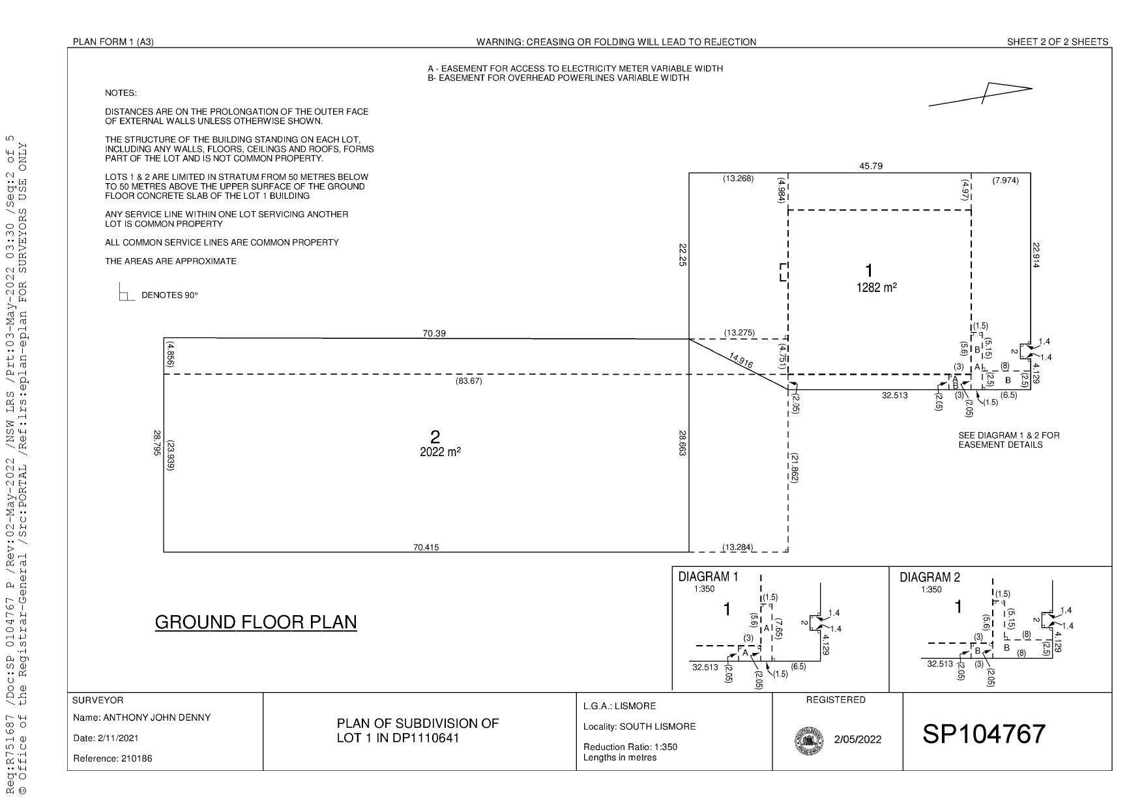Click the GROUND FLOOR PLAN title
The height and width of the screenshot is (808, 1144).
pyautogui.click(x=256, y=622)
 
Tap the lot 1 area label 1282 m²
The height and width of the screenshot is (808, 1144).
pyautogui.click(x=876, y=287)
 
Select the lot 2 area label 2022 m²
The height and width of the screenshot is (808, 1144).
pyautogui.click(x=440, y=452)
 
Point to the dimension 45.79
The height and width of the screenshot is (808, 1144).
pyautogui.click(x=871, y=166)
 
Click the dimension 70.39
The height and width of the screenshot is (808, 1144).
pyautogui.click(x=434, y=334)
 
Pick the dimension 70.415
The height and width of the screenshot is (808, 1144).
pyautogui.click(x=426, y=547)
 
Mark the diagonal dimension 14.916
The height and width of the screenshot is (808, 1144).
pyautogui.click(x=741, y=361)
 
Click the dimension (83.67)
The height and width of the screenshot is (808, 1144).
pyautogui.click(x=469, y=381)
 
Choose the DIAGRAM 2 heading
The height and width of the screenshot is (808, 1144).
pyautogui.click(x=930, y=577)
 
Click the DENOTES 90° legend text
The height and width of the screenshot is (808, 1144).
pyautogui.click(x=169, y=295)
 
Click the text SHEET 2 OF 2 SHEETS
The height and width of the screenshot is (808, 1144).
pyautogui.click(x=1057, y=42)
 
